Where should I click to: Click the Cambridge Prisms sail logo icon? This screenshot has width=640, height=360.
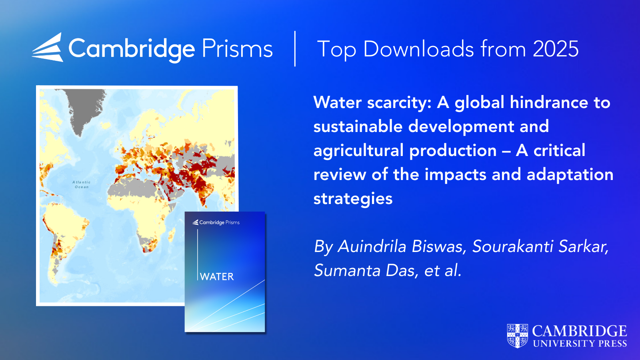pos(48,48)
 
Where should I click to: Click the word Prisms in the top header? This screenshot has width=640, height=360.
pos(237,48)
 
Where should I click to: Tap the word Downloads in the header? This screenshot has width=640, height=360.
pos(419,49)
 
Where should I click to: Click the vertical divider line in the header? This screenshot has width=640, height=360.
pos(295,48)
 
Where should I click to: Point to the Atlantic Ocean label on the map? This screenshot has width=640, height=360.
pos(82,184)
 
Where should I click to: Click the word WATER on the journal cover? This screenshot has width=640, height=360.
pos(217,276)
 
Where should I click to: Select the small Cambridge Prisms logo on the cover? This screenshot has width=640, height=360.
pos(216,222)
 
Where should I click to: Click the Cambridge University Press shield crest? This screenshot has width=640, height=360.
pos(518,336)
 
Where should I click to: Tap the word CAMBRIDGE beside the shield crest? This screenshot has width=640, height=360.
pos(580,332)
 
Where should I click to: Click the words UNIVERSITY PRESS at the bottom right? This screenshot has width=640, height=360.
pos(580,344)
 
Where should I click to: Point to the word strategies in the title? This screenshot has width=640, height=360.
pos(353,198)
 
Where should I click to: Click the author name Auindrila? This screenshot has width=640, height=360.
pos(372,246)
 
